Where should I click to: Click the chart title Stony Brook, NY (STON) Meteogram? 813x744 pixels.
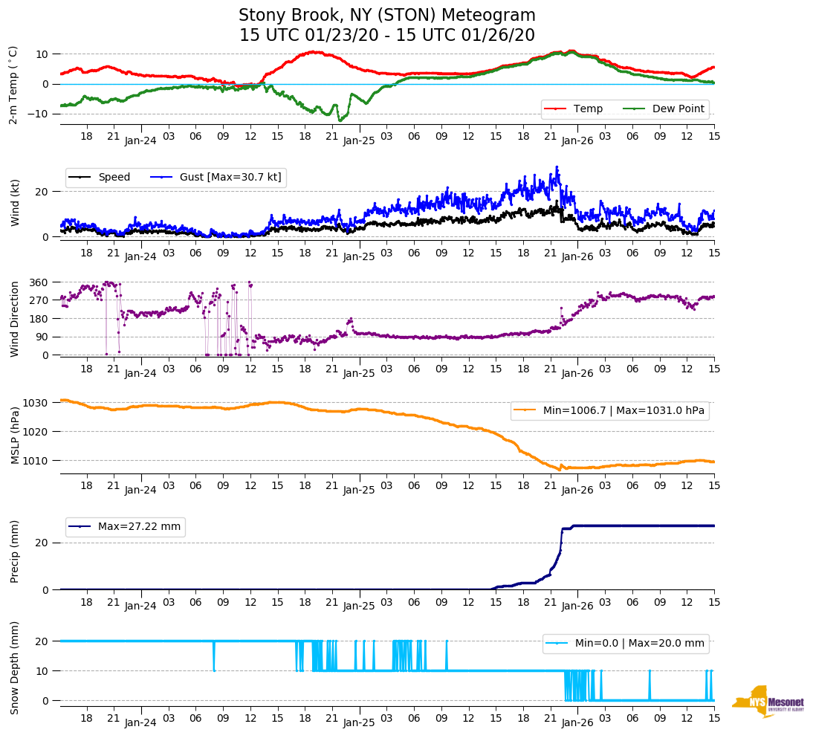386,16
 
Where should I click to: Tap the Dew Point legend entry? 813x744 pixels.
677,109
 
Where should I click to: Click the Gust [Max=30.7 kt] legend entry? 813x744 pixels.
230,177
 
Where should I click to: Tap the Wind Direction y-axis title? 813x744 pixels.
15,319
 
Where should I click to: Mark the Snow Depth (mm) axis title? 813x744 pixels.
15,667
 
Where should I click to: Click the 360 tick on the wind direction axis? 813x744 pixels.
39,282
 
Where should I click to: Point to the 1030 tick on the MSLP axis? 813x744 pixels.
36,403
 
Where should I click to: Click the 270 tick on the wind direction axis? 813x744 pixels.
39,300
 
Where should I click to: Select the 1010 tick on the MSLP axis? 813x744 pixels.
36,461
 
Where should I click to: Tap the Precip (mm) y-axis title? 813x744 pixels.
15,551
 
